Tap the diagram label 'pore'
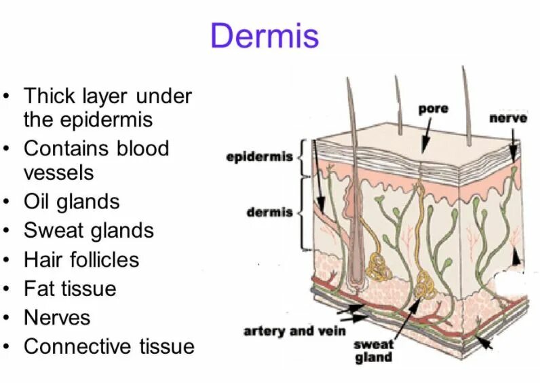pyautogui.click(x=433, y=109)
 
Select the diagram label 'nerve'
pyautogui.click(x=508, y=118)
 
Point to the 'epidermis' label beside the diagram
pyautogui.click(x=259, y=158)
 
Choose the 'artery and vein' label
pyautogui.click(x=295, y=331)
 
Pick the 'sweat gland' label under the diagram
pyautogui.click(x=373, y=351)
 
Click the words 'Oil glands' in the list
pyautogui.click(x=71, y=202)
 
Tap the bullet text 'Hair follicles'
pyautogui.click(x=81, y=259)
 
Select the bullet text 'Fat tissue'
pyautogui.click(x=70, y=289)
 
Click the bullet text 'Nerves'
pyautogui.click(x=57, y=317)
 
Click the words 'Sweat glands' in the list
pyautogui.click(x=89, y=230)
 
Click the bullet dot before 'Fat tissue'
pyautogui.click(x=6, y=289)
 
